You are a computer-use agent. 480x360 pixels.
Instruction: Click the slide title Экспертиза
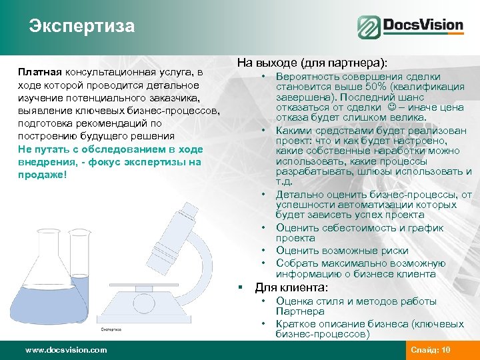pyautogui.click(x=81, y=26)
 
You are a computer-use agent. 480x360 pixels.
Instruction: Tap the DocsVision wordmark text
pyautogui.click(x=423, y=26)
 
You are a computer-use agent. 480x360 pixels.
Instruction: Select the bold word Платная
pyautogui.click(x=40, y=73)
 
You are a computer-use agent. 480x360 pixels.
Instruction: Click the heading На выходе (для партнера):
pyautogui.click(x=311, y=63)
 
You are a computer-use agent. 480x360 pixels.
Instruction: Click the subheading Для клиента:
pyautogui.click(x=291, y=288)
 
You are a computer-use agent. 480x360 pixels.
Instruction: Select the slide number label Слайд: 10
pyautogui.click(x=431, y=350)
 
